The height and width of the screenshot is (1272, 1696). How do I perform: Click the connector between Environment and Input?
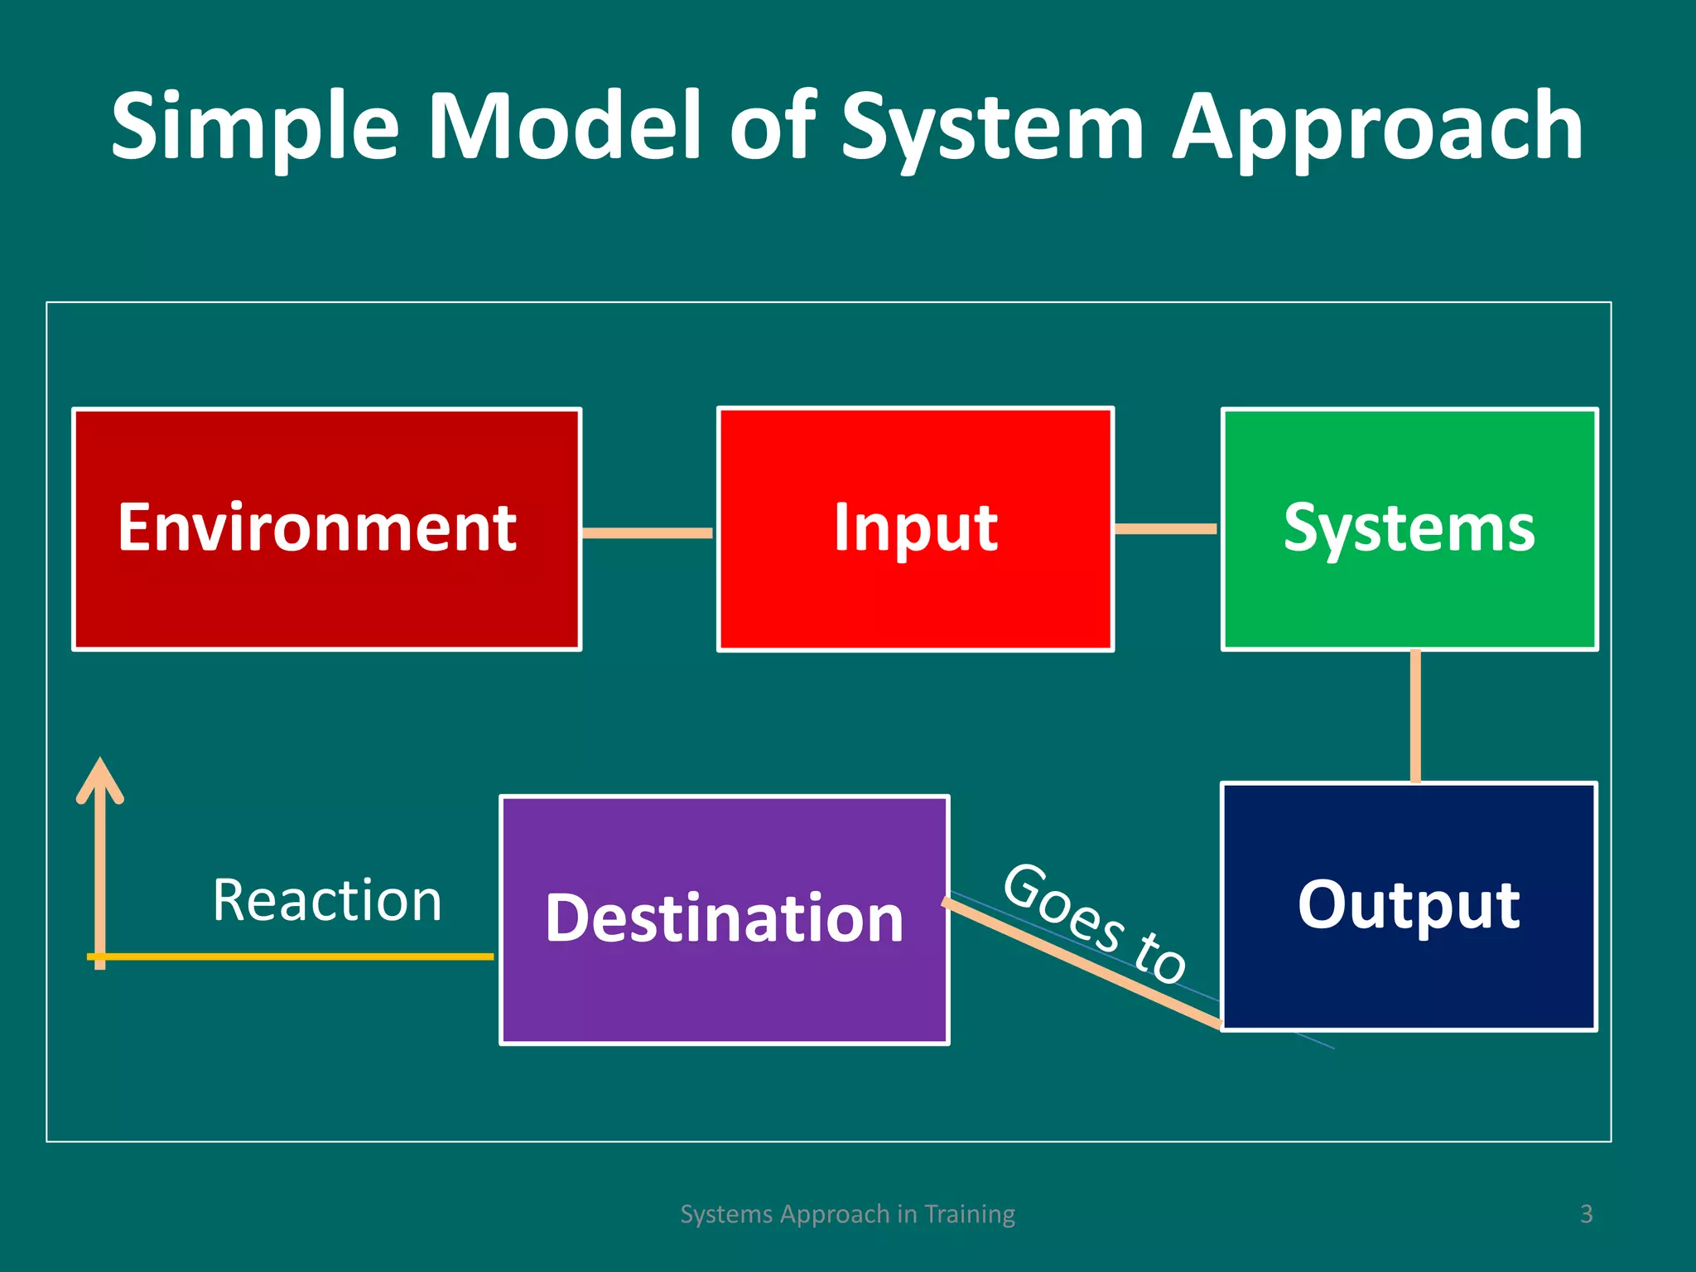[648, 532]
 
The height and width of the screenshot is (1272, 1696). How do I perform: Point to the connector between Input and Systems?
[1166, 528]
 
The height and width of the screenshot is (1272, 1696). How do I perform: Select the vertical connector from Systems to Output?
[1415, 716]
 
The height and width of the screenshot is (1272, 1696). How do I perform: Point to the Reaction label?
[327, 900]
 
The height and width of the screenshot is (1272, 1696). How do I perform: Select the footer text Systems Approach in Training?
[847, 1214]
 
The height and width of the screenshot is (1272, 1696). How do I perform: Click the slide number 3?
[1586, 1214]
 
